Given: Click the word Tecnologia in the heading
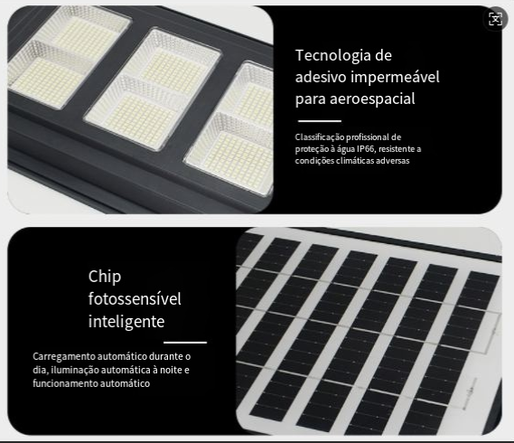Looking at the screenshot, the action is click(333, 55).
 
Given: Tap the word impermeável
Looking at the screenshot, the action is click(395, 77).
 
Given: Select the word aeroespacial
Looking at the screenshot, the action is click(372, 99).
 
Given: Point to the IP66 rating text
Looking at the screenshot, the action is click(365, 149).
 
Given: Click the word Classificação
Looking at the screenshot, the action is click(320, 137).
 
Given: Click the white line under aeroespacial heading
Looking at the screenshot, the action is click(320, 121).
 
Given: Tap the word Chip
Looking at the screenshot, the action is click(105, 277).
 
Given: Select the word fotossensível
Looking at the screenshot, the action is click(135, 298).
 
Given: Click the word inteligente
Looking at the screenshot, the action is click(126, 321).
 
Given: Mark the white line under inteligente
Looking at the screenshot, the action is click(185, 343).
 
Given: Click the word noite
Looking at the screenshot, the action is click(171, 370).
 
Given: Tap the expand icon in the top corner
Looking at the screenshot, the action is click(495, 19).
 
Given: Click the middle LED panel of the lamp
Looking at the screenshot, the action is click(153, 90).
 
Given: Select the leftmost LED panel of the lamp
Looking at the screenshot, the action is click(67, 56).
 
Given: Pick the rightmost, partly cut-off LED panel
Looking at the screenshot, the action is click(229, 129).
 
